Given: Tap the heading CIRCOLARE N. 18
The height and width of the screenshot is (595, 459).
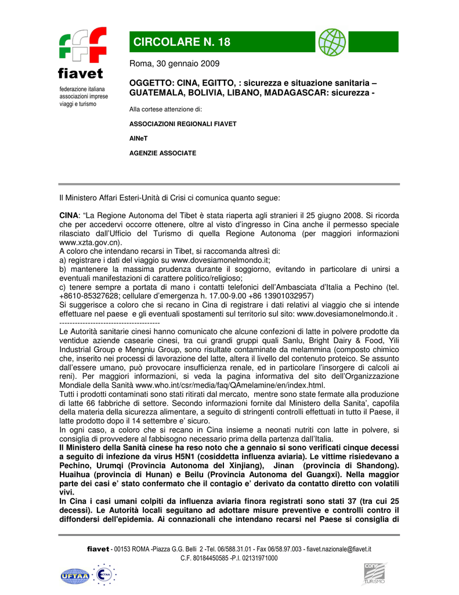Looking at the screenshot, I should tap(182, 42).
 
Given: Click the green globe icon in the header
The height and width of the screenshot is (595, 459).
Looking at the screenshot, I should tap(332, 42).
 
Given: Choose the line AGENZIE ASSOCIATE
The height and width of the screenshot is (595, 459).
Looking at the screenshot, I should tap(162, 153).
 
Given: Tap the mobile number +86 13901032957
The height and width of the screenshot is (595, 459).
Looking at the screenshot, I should tap(276, 295).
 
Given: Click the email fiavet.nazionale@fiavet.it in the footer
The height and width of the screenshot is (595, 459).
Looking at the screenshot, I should tap(339, 549).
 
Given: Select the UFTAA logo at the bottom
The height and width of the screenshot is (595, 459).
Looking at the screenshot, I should tap(75, 576).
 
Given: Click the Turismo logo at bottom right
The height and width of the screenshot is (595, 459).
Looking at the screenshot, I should tap(374, 574).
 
